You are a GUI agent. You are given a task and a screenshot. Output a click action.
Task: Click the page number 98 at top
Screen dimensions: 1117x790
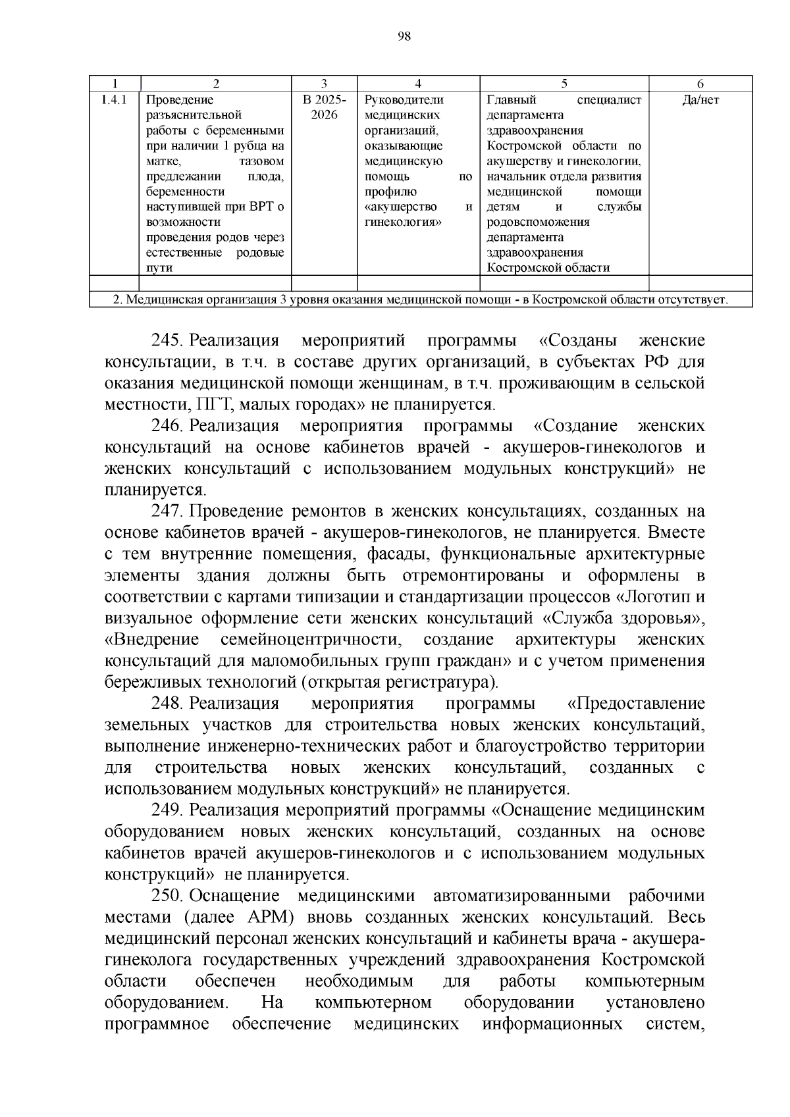point(404,37)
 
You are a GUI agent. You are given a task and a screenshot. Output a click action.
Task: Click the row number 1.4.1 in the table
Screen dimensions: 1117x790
point(115,100)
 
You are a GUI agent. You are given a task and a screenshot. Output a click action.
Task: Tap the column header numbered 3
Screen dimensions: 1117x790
point(324,84)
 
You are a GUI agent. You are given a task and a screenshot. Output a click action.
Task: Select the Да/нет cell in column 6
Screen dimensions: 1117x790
point(700,100)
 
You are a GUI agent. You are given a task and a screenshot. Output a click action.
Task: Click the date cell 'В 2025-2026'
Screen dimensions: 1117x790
point(324,107)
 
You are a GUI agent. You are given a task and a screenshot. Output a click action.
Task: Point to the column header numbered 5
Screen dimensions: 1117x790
point(564,84)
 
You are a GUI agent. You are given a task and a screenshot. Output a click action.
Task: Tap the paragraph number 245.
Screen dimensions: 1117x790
point(167,341)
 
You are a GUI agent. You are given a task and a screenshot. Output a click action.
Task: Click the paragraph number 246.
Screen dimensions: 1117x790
point(167,426)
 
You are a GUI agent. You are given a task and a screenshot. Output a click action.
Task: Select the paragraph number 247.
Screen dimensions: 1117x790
point(167,511)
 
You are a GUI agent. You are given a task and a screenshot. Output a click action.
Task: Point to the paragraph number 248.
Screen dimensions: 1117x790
point(167,704)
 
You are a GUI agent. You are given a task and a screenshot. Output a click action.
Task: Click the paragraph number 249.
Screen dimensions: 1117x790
point(167,810)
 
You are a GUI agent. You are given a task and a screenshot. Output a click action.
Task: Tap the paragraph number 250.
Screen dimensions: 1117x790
point(167,896)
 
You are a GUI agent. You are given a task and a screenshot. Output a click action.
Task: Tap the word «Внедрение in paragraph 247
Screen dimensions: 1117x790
point(152,640)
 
